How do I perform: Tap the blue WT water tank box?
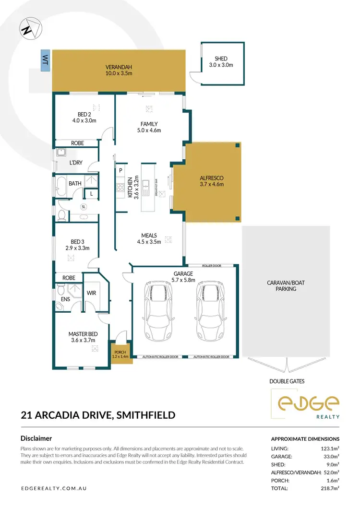point(46,60)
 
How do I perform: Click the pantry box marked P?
point(120,170)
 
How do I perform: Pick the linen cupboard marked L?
point(91,194)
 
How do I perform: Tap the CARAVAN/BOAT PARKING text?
point(286,286)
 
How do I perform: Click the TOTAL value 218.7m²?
point(330,488)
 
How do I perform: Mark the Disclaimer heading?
point(36,438)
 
